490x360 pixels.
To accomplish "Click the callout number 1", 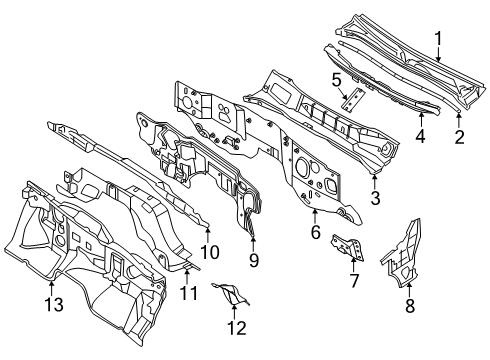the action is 438,39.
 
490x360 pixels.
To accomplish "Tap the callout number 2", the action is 460,137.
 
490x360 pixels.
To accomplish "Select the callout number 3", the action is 375,198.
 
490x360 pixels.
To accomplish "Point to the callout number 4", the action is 421,136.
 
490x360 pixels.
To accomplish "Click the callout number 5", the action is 337,81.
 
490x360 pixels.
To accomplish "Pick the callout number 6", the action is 316,232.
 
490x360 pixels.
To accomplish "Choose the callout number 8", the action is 410,305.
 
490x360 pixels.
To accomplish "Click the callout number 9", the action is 254,260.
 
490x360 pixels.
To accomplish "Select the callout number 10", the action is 210,252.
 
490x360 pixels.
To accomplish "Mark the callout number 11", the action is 189,293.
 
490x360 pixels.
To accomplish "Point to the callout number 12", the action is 237,328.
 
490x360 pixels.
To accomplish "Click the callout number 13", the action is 54,304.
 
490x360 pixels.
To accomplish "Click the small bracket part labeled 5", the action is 353,99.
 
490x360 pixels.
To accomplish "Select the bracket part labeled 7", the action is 348,247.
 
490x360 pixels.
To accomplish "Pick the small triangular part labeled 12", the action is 231,294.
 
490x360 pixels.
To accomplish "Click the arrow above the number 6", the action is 315,215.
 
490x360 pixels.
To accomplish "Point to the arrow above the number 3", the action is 375,182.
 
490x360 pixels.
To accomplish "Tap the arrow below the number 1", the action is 438,55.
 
